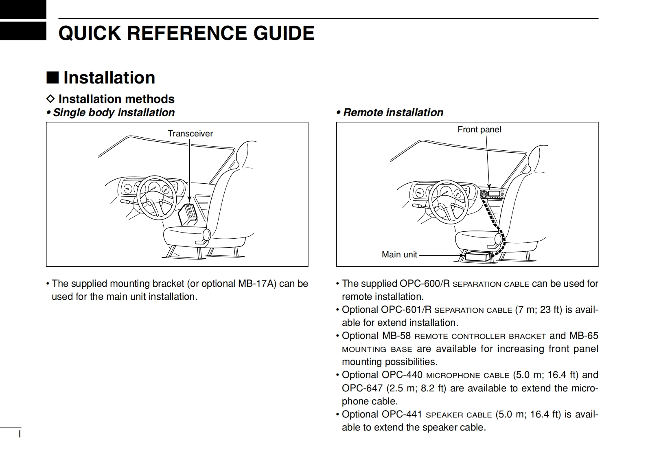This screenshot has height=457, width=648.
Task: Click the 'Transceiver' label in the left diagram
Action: (190, 134)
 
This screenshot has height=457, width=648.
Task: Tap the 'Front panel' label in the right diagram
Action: (479, 130)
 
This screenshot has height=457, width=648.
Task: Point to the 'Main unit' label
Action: (399, 255)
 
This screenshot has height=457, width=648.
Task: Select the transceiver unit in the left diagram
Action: (188, 213)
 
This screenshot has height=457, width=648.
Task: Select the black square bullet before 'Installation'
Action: (53, 77)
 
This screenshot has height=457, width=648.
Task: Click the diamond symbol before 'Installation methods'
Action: (50, 99)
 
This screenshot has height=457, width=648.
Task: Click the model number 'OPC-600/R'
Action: (424, 283)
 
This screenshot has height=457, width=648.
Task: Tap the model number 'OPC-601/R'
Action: (406, 310)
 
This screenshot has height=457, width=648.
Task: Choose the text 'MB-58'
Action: (396, 336)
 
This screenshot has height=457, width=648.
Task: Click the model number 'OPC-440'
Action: (402, 375)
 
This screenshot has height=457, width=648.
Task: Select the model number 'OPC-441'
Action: (402, 414)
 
